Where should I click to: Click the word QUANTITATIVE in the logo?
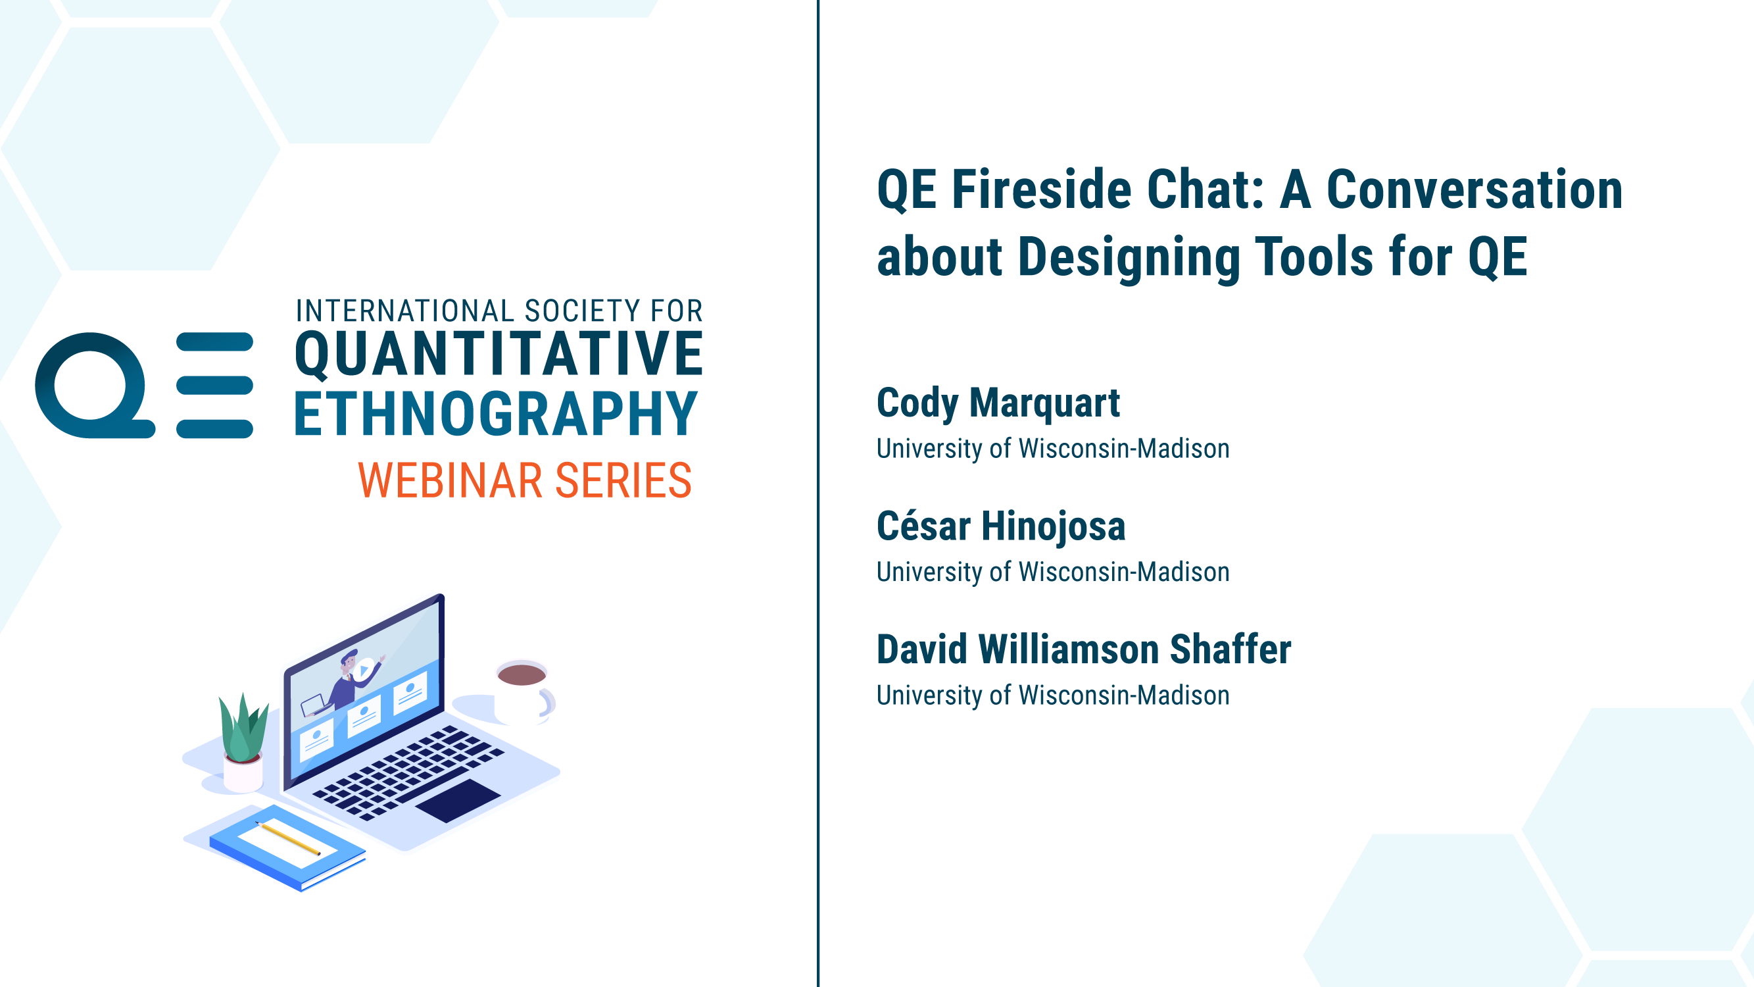click(499, 354)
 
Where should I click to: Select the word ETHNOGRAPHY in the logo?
click(496, 413)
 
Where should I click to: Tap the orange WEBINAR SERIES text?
click(525, 480)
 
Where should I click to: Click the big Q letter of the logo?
click(94, 386)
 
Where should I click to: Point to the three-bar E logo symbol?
click(214, 385)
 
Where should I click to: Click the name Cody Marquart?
click(998, 404)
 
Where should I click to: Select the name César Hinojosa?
click(1001, 526)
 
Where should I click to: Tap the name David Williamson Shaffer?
click(1084, 649)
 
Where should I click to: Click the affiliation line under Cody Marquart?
click(1053, 449)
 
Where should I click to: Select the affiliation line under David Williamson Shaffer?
click(1053, 696)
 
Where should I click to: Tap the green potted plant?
click(243, 741)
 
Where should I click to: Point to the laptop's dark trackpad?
click(458, 800)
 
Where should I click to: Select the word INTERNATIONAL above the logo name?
click(404, 311)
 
